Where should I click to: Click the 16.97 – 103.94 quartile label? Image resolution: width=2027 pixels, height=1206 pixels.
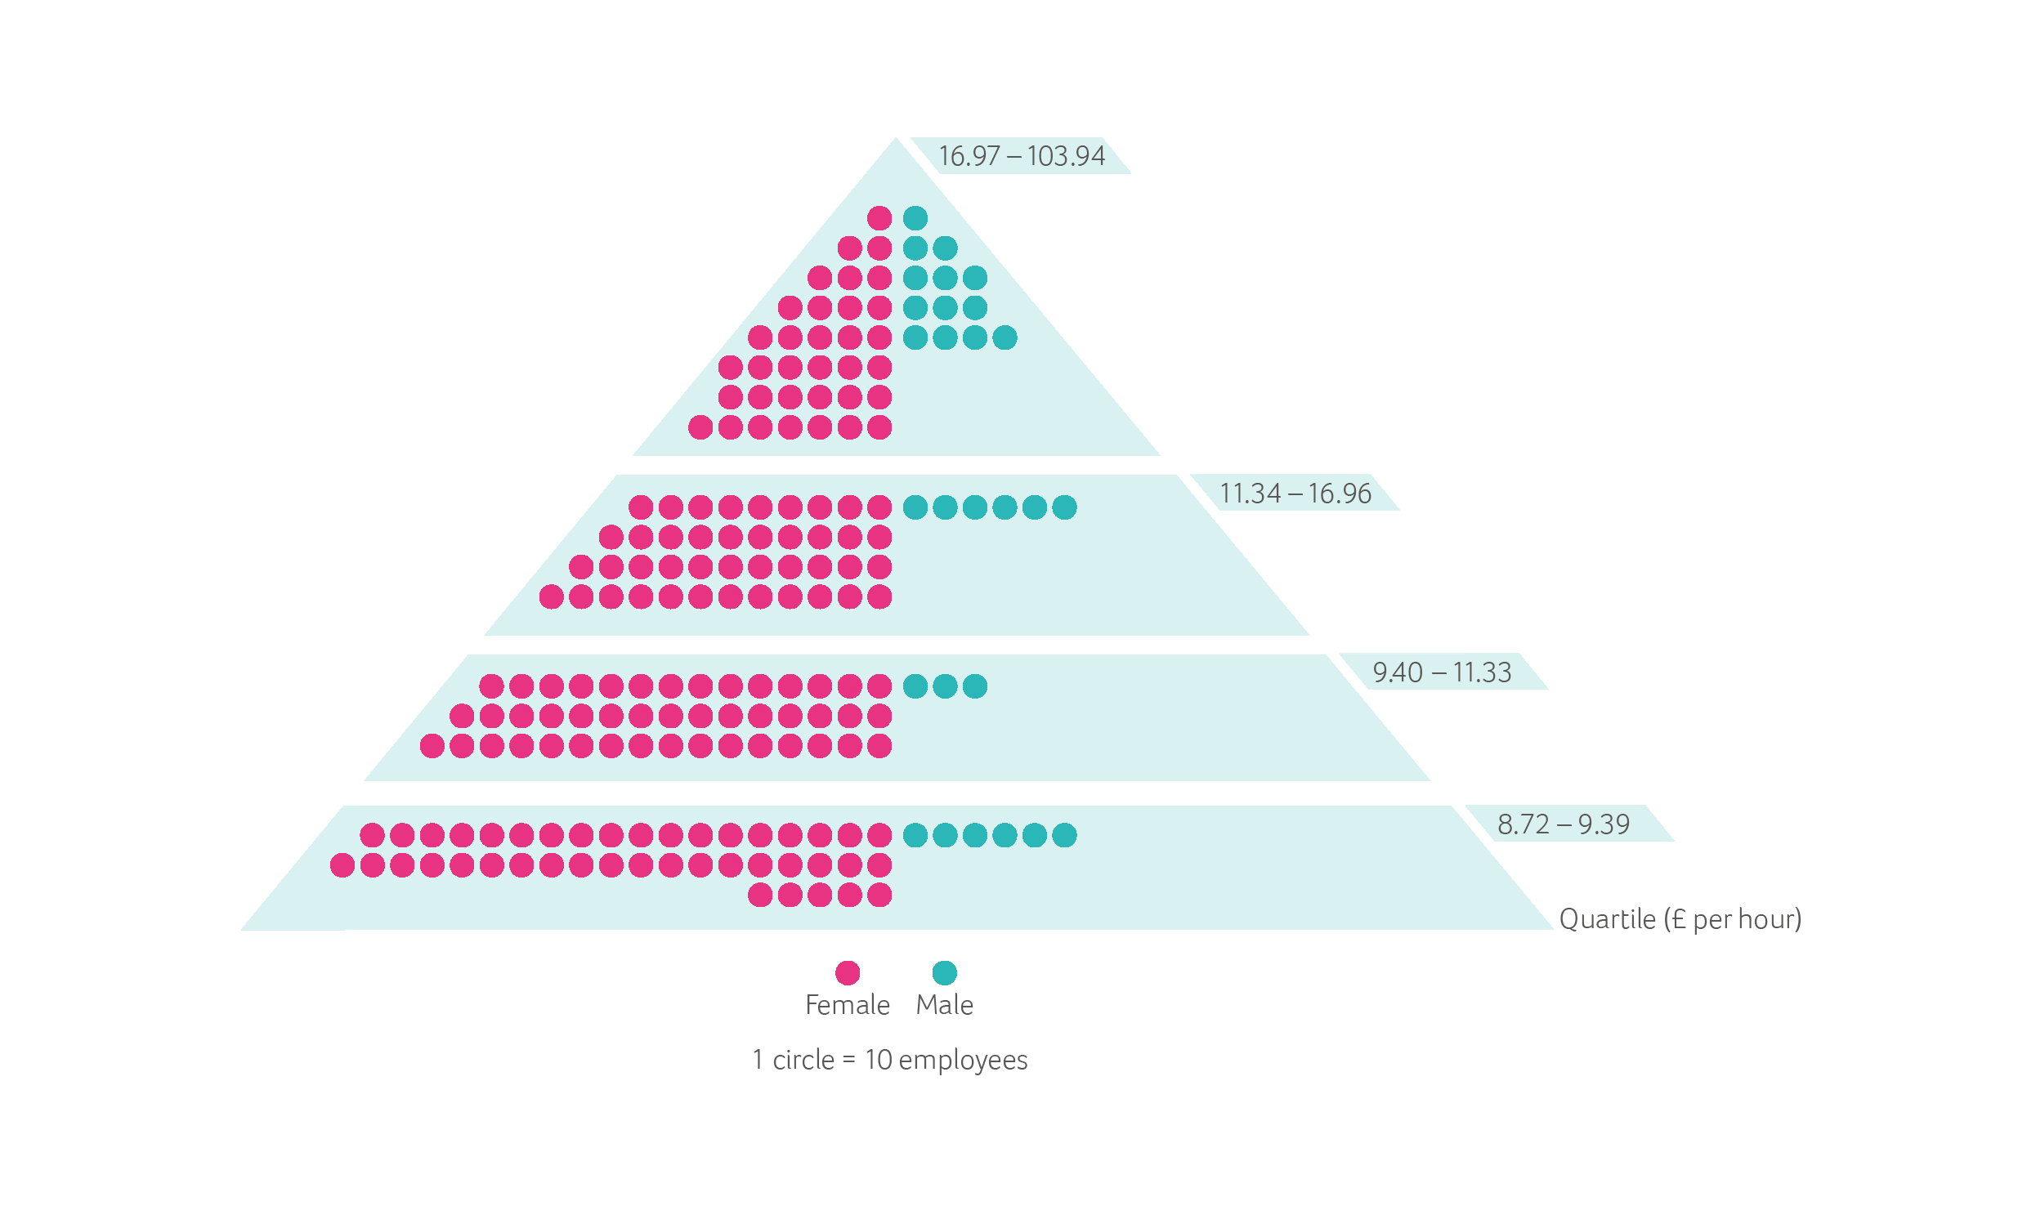pos(1022,156)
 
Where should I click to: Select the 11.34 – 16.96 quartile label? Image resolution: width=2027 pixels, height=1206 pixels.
pos(1295,494)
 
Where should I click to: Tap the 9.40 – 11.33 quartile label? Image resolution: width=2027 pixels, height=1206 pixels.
pos(1442,672)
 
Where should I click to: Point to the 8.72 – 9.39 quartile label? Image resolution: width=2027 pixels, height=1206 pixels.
pos(1564,824)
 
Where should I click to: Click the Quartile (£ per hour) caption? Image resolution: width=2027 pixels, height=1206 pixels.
pos(1680,919)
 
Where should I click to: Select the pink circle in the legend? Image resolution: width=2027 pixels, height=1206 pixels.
pos(848,972)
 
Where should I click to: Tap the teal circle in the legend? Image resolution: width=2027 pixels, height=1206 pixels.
pos(945,972)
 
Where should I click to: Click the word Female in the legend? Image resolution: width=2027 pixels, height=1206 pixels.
pos(848,1005)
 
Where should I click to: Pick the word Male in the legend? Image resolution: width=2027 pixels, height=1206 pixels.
pos(945,1005)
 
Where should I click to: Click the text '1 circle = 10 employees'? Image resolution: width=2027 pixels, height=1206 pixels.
pos(890,1060)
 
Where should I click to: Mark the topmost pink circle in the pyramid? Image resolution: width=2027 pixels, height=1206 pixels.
pos(879,218)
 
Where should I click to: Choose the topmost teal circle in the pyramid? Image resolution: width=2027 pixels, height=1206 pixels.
pos(915,218)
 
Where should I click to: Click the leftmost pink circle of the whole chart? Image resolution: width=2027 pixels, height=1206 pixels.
pos(342,865)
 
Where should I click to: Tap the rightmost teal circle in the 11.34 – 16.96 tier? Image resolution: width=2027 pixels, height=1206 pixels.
pos(1064,507)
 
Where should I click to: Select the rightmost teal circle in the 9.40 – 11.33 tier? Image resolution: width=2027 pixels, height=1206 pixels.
pos(975,686)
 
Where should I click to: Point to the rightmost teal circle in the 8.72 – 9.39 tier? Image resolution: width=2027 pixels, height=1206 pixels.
pos(1064,835)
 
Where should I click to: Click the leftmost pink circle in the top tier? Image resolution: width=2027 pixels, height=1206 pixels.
pos(700,427)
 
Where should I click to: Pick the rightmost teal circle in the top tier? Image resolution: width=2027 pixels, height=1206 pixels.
pos(1005,337)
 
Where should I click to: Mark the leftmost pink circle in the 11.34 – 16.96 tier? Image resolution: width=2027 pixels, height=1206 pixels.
pos(552,596)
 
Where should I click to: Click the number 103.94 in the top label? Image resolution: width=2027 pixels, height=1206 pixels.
pos(1066,156)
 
